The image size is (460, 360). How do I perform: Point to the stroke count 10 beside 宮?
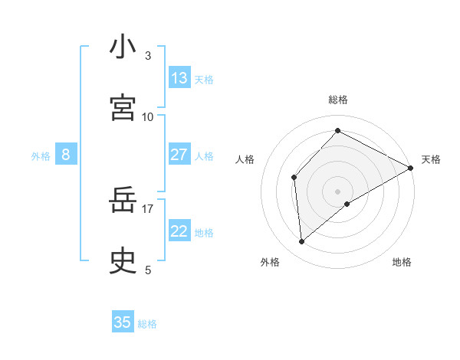click(148, 116)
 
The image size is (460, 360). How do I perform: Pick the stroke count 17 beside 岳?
click(148, 208)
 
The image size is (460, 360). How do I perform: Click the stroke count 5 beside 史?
click(148, 270)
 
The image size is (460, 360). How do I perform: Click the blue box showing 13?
click(179, 78)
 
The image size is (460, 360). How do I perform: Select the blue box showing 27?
click(179, 155)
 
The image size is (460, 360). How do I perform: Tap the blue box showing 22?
click(179, 231)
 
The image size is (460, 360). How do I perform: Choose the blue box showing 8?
click(66, 155)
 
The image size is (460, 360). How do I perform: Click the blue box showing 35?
click(123, 322)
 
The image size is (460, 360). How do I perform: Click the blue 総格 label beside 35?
click(148, 324)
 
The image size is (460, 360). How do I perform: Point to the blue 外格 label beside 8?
click(41, 156)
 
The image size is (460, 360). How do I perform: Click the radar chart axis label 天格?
click(431, 159)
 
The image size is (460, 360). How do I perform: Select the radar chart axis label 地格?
click(402, 262)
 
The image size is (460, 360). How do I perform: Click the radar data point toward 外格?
click(302, 242)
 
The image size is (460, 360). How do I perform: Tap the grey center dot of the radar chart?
click(338, 191)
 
